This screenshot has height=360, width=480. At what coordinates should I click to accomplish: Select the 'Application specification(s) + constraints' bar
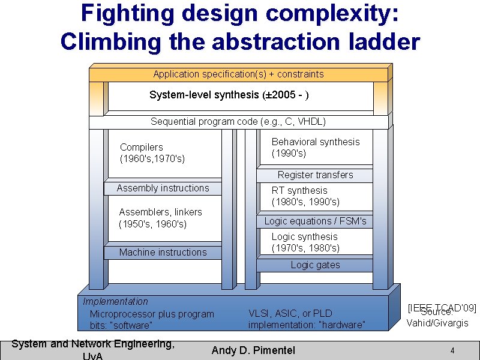(238, 74)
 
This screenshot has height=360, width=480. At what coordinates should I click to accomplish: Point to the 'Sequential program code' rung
(238, 122)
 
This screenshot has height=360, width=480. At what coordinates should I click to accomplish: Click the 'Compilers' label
(142, 147)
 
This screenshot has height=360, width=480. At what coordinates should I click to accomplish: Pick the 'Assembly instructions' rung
(163, 188)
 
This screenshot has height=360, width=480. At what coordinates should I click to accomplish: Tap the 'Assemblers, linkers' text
(161, 212)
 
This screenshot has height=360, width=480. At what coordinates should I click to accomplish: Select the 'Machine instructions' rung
(163, 253)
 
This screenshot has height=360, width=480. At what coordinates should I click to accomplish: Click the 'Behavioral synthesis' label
(316, 142)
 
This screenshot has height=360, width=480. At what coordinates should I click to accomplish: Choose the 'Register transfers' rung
(315, 175)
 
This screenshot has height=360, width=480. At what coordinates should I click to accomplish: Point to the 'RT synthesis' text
(299, 190)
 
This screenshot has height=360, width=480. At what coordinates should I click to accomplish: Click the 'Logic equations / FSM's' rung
(315, 221)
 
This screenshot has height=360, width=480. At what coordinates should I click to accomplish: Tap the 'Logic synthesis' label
(304, 236)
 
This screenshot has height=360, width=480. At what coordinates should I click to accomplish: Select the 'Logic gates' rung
(315, 265)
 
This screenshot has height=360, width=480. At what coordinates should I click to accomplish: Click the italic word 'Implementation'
(115, 301)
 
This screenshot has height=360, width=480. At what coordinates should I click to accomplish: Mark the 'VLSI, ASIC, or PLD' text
(290, 313)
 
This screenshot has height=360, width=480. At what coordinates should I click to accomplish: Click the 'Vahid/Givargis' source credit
(437, 323)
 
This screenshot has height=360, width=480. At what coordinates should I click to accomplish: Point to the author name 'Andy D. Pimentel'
(253, 350)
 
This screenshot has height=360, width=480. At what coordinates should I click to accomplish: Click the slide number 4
(452, 350)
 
